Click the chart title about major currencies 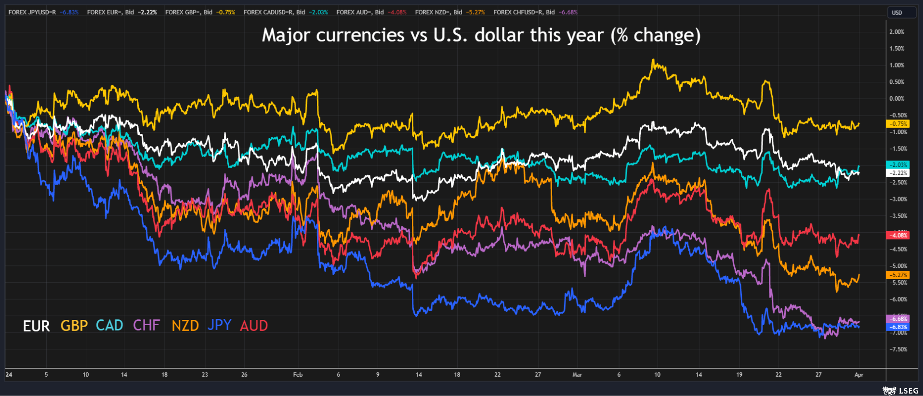click(x=481, y=35)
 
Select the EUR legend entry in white click(x=36, y=326)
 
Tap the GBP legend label click(x=74, y=326)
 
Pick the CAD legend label click(x=109, y=325)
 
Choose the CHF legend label click(x=146, y=325)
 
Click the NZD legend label click(x=185, y=326)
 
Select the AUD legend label click(x=253, y=326)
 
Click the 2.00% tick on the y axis click(x=897, y=32)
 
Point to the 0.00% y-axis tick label click(x=897, y=98)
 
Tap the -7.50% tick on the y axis click(x=897, y=349)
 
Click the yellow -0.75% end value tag click(x=898, y=124)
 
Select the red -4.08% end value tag click(x=898, y=236)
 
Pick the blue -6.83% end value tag click(x=898, y=327)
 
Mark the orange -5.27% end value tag click(x=898, y=275)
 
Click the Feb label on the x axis click(x=298, y=375)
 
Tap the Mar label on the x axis click(x=577, y=375)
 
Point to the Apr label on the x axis click(x=858, y=375)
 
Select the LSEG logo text click(x=908, y=391)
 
